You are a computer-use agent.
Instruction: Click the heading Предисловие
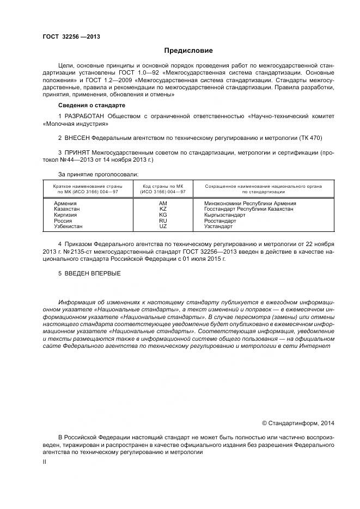point(188,51)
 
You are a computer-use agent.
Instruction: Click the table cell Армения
point(65,203)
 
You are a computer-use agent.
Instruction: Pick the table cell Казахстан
point(67,209)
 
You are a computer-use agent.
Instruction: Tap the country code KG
point(163,215)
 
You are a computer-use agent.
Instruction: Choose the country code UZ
point(163,226)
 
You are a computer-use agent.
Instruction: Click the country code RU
point(163,220)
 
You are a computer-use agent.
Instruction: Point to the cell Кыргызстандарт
point(224,215)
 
